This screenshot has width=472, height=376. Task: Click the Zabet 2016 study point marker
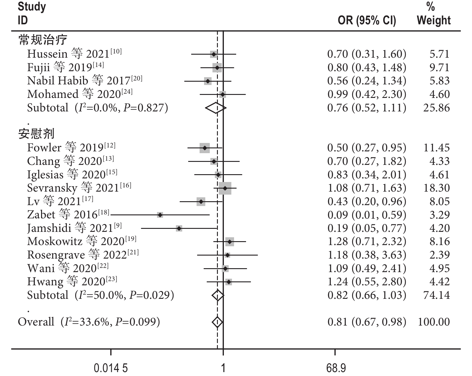[x=160, y=215]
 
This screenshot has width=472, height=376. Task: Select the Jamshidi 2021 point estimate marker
[x=179, y=229]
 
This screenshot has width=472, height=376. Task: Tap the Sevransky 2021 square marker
[x=225, y=188]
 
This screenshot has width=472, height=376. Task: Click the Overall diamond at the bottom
[x=217, y=322]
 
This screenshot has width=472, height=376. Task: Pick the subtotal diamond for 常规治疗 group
[x=215, y=108]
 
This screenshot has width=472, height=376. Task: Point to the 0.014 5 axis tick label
[x=111, y=368]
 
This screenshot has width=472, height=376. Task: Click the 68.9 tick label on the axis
[x=336, y=368]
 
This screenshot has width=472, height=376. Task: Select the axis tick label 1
[x=223, y=368]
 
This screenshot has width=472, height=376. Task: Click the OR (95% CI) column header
[x=367, y=20]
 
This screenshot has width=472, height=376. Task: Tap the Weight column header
[x=434, y=20]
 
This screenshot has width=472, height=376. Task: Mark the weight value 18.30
[x=437, y=188]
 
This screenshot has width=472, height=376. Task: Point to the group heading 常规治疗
[x=43, y=40]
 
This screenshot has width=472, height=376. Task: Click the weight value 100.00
[x=434, y=322]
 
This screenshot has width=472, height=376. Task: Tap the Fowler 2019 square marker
[x=205, y=148]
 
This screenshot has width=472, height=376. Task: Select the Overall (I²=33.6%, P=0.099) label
[x=89, y=322]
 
